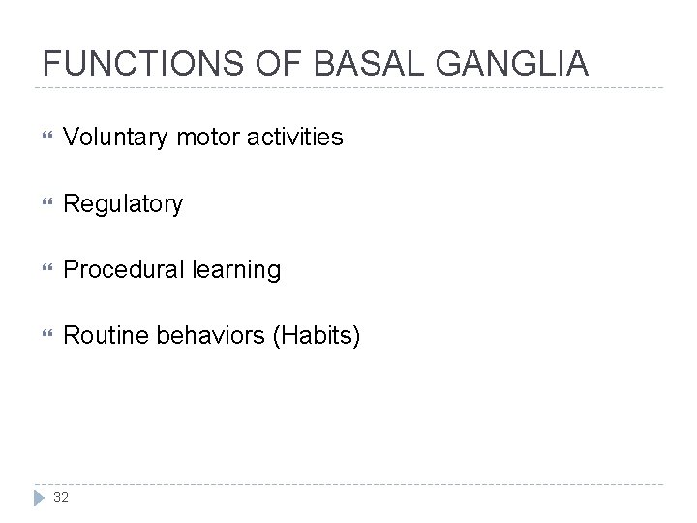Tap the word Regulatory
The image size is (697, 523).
click(x=122, y=204)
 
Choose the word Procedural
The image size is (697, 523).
click(x=120, y=270)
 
